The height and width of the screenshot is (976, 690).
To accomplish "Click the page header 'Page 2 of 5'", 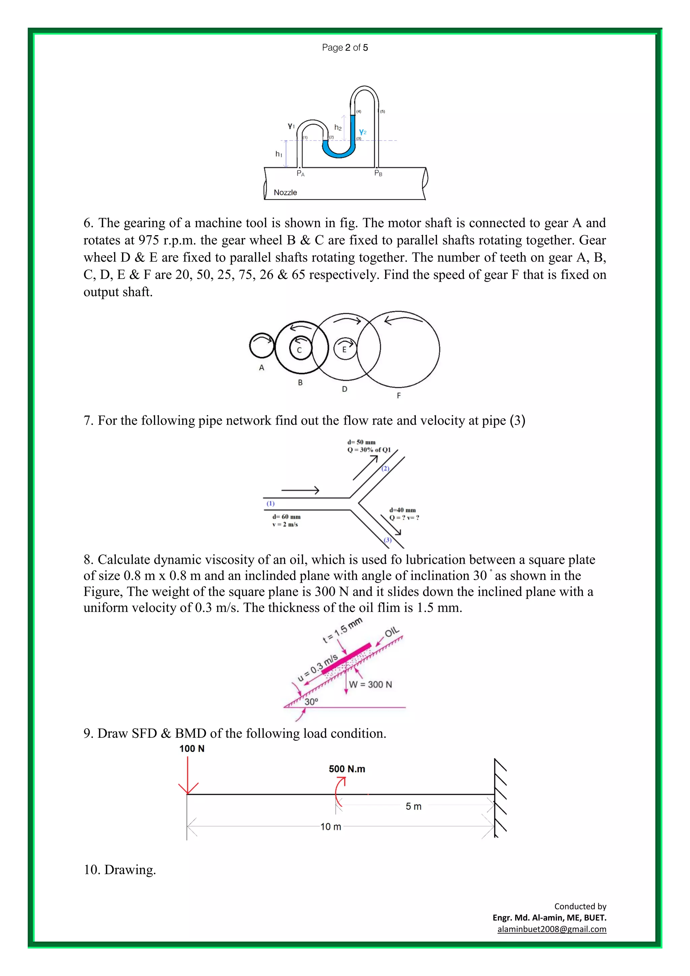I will point(345,48).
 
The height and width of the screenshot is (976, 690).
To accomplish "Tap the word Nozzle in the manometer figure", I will point(285,192).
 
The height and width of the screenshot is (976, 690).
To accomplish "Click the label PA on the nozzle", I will point(301,174).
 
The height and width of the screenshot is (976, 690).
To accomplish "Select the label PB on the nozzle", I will point(378,174).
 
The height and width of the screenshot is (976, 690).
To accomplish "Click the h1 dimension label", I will point(279,154).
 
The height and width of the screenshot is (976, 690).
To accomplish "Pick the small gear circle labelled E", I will point(345,349).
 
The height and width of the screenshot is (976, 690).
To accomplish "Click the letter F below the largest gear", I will point(399,396).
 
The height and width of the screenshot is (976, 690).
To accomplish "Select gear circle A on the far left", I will point(262,345).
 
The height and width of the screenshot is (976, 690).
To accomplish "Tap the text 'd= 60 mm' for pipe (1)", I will point(286,517).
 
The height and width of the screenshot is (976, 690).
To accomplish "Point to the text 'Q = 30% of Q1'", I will point(369,450).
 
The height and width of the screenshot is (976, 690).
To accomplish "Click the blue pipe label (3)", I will point(387,540).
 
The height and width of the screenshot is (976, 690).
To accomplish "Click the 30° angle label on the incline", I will point(311,702).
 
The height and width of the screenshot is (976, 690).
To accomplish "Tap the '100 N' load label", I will point(192,749).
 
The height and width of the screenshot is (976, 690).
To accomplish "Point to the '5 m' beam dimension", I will point(413,806).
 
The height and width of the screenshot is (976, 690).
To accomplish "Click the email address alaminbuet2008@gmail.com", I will point(552,929).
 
